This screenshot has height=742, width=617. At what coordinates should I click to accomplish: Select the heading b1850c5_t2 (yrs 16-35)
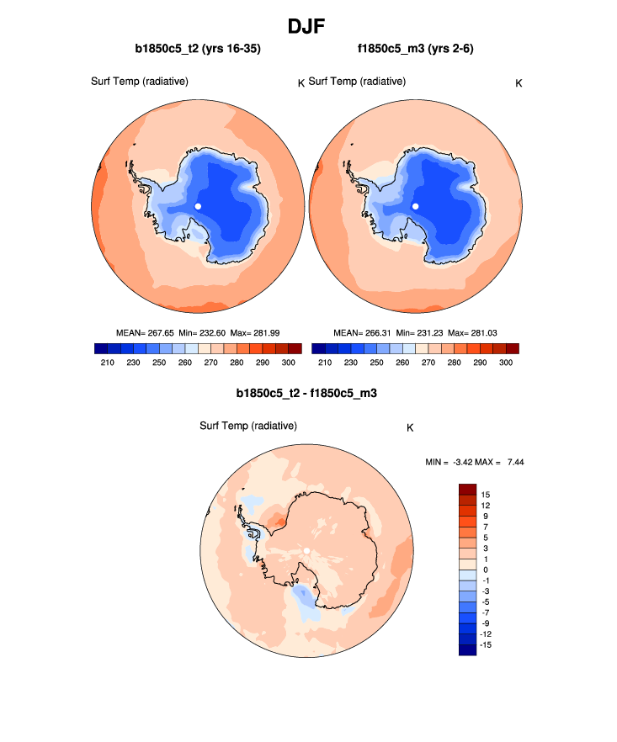[198, 49]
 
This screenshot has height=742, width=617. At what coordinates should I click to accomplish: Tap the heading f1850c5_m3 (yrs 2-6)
[416, 49]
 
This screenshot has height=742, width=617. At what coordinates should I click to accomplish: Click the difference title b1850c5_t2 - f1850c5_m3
[306, 393]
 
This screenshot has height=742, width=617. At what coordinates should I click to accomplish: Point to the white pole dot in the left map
[198, 206]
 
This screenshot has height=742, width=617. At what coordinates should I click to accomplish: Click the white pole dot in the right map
[415, 206]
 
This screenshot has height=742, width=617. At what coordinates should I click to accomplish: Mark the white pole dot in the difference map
[307, 551]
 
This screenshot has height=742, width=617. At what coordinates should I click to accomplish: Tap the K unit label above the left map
[301, 82]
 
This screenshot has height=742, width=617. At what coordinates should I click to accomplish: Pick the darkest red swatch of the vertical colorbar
[468, 489]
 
